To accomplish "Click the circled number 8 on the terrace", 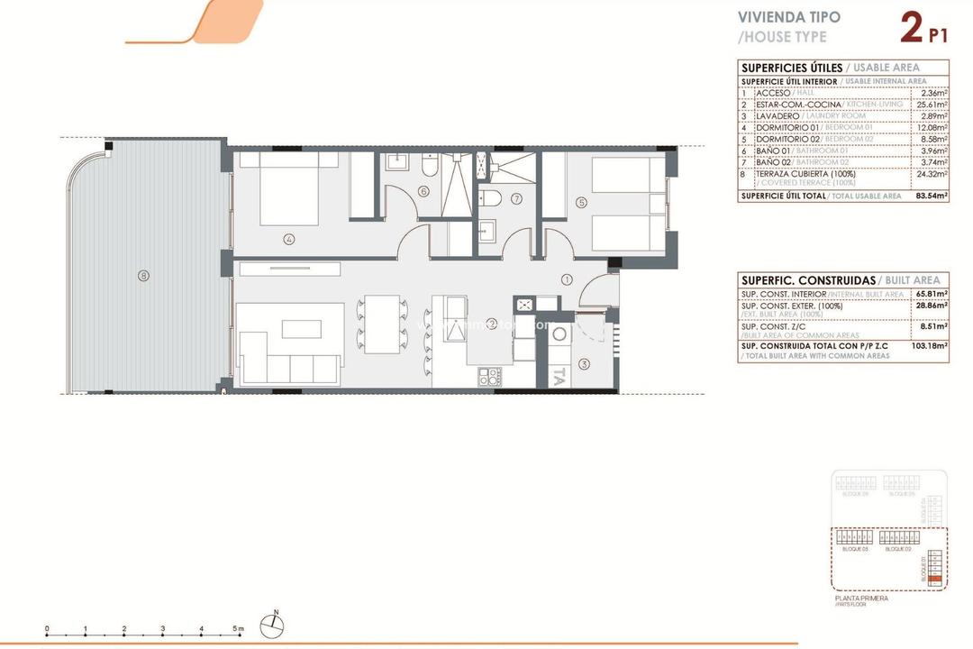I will (x=143, y=276).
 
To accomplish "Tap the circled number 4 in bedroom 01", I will (x=288, y=240).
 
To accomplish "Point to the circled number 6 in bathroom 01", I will (x=423, y=191).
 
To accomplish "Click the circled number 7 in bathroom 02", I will (x=516, y=198).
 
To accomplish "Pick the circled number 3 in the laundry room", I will (x=583, y=364).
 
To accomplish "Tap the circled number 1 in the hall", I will (x=567, y=279).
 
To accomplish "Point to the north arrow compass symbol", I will (x=274, y=625).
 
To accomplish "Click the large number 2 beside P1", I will (x=911, y=29).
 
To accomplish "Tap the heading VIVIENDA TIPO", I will (x=788, y=17).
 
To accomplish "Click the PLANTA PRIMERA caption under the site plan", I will (x=862, y=598).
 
